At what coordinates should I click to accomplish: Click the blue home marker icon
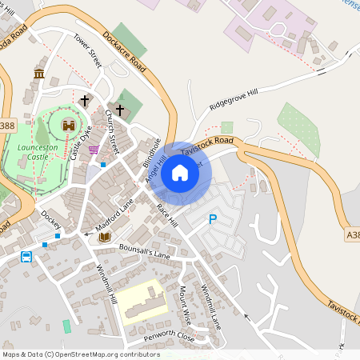[180, 172]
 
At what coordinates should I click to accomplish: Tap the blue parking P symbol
[212, 218]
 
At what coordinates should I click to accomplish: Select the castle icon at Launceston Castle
[69, 126]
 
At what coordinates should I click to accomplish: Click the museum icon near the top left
[39, 74]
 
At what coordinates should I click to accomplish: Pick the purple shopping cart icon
[94, 149]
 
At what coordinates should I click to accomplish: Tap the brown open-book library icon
[104, 238]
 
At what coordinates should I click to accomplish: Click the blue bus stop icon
[26, 257]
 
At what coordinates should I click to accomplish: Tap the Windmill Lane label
[210, 306]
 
